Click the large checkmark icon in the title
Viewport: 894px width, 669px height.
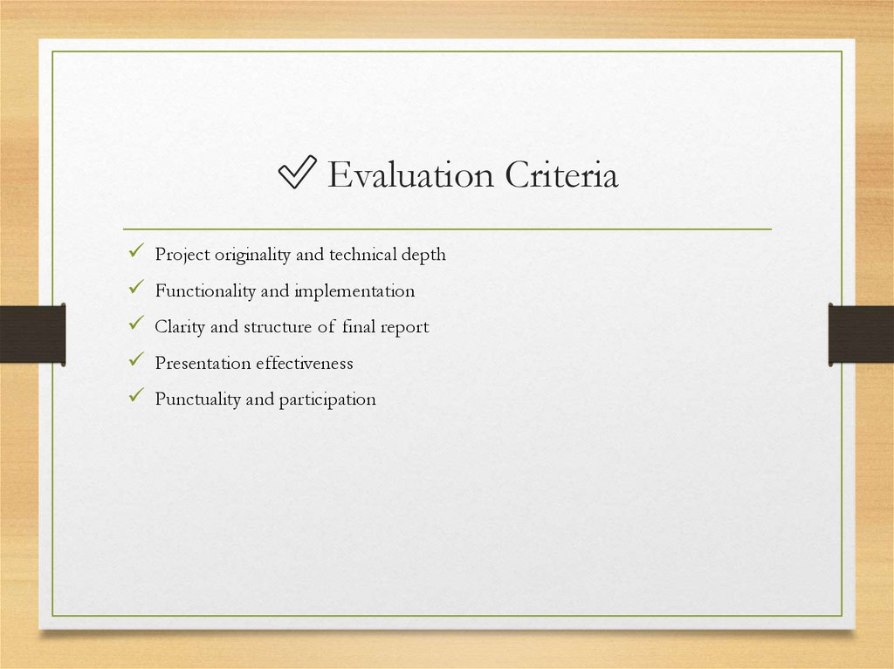coord(297,175)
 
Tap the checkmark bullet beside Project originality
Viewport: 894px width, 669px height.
coord(134,253)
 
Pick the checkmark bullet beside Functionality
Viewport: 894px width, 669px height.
coord(134,289)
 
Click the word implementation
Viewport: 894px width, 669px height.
coord(354,290)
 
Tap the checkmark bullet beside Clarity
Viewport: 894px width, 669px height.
coord(134,324)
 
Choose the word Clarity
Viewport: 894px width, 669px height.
coord(181,327)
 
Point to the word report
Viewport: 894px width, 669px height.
coord(404,327)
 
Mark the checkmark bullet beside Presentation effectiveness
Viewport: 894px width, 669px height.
coord(134,360)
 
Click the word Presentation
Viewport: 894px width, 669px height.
coord(203,363)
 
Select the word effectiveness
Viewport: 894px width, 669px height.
coord(305,363)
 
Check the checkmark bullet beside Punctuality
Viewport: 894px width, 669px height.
coord(134,397)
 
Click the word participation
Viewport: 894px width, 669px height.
coord(327,399)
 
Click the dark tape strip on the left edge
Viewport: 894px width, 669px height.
coord(32,333)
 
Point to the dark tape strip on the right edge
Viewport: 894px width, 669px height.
coord(861,333)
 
